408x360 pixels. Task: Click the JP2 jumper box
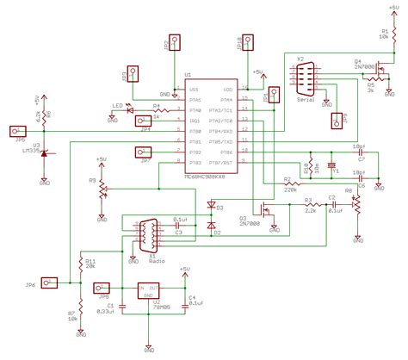(175, 40)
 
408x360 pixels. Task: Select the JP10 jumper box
(249, 40)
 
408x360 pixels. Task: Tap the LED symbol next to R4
(132, 109)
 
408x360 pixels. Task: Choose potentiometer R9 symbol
(102, 187)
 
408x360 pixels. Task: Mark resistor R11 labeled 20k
(80, 264)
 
